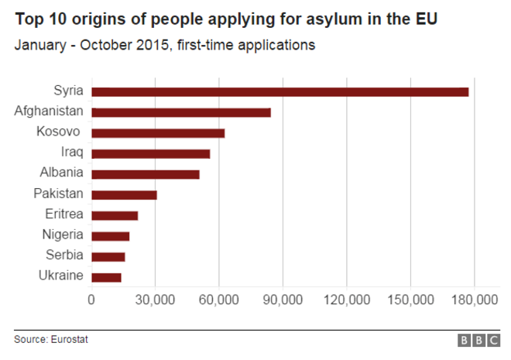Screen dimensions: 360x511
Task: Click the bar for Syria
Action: (x=280, y=91)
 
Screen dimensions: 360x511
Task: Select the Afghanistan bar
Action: (x=181, y=112)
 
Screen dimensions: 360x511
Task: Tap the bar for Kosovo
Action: (x=158, y=133)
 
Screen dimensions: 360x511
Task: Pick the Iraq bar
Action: (x=151, y=153)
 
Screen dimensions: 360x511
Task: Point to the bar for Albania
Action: (x=146, y=174)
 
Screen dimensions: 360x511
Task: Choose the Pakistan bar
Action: (x=124, y=194)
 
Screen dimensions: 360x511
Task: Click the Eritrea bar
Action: (x=115, y=215)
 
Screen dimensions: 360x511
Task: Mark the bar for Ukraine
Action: (x=106, y=277)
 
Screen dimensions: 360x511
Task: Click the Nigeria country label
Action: (x=63, y=235)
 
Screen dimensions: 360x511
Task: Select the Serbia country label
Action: (x=65, y=256)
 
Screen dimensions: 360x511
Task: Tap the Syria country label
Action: (x=69, y=91)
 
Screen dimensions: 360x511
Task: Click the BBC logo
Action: (x=478, y=340)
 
